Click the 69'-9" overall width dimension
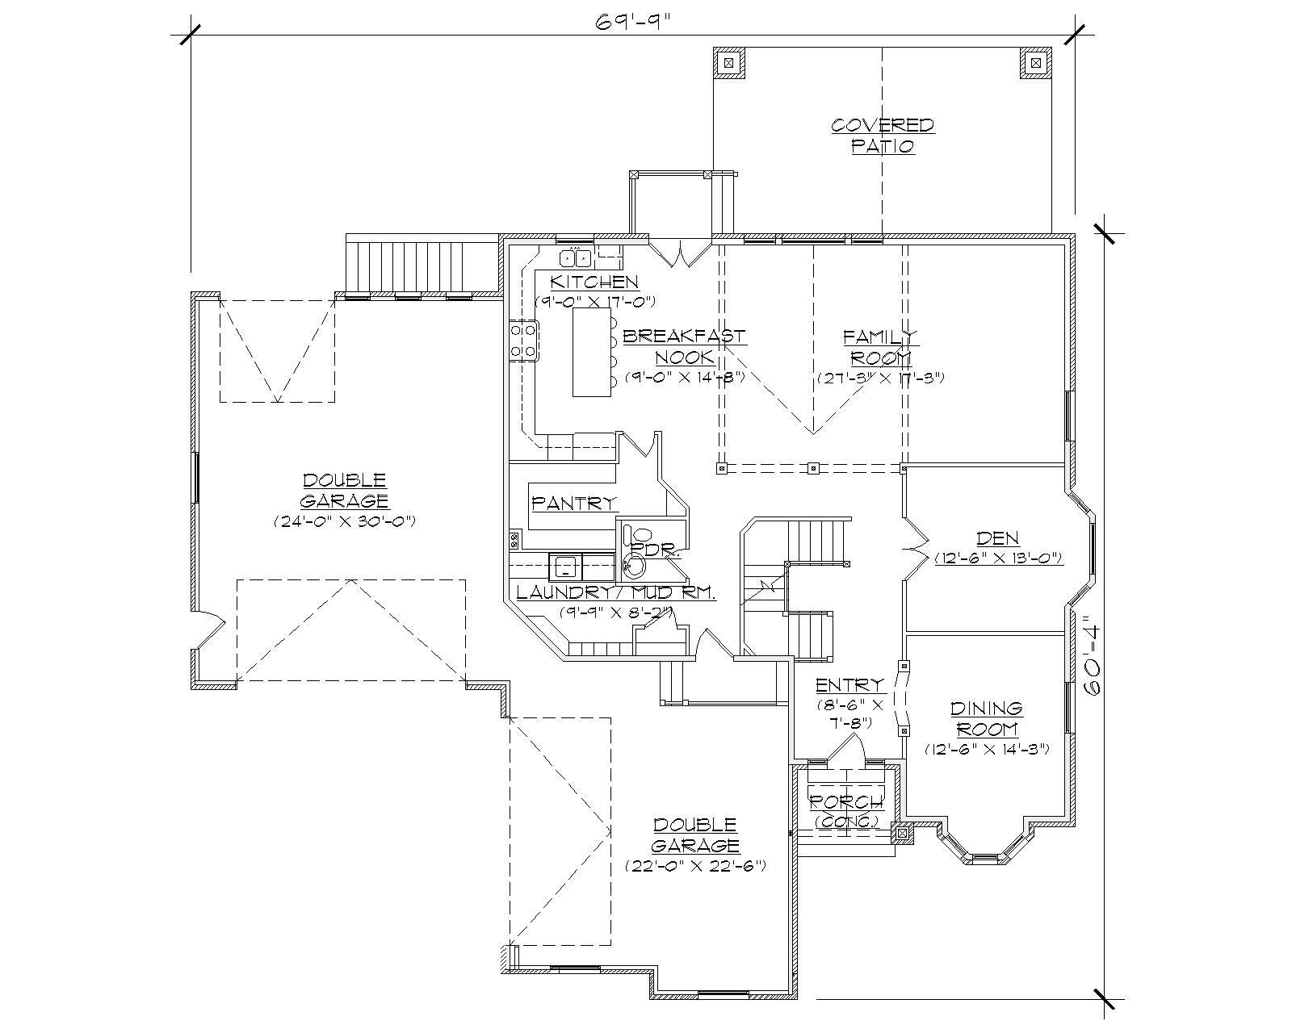point(633,22)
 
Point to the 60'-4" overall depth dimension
point(1093,655)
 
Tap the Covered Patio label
point(882,136)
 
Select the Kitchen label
point(594,282)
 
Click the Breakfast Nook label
point(684,346)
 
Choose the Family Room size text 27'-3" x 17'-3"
point(880,378)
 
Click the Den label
point(997,538)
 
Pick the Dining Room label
point(986,718)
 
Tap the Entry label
point(849,685)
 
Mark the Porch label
point(846,802)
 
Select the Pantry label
point(574,503)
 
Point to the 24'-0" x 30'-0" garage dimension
point(345,521)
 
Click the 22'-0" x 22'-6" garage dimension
point(695,865)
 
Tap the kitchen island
point(591,353)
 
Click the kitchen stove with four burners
point(523,340)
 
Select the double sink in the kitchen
point(576,258)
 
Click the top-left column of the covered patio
point(728,62)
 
